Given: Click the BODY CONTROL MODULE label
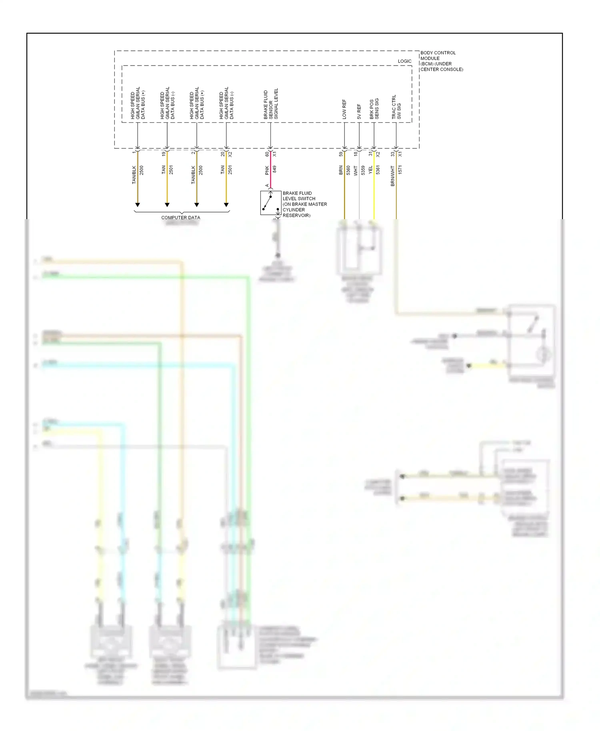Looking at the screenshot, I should tap(441, 61).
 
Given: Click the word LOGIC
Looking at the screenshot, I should tap(404, 61).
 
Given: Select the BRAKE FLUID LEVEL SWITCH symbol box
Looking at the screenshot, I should tap(270, 203).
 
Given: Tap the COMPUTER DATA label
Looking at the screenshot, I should tap(180, 218).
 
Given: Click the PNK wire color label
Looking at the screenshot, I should tap(267, 170).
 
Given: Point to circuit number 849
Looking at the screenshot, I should tap(274, 169).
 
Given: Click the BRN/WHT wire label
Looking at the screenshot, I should tap(393, 176).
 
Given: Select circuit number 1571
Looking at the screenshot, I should tap(400, 170).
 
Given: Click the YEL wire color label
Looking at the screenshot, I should tap(370, 170).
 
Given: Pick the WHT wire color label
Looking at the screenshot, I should tap(356, 170).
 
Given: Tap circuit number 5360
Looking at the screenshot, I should tap(348, 170).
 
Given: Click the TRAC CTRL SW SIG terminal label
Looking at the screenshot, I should tap(396, 107).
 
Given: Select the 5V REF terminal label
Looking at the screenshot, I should tap(359, 112).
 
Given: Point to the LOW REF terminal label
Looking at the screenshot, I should tap(344, 109).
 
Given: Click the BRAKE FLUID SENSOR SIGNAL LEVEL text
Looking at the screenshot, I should tap(270, 104).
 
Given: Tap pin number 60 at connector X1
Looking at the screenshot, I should tap(267, 154).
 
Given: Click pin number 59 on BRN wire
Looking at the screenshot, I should tap(341, 154).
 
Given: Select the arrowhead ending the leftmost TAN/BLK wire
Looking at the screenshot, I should tap(138, 205).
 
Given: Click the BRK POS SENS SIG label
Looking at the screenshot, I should tap(374, 109).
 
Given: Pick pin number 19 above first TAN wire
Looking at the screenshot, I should tap(163, 154).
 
